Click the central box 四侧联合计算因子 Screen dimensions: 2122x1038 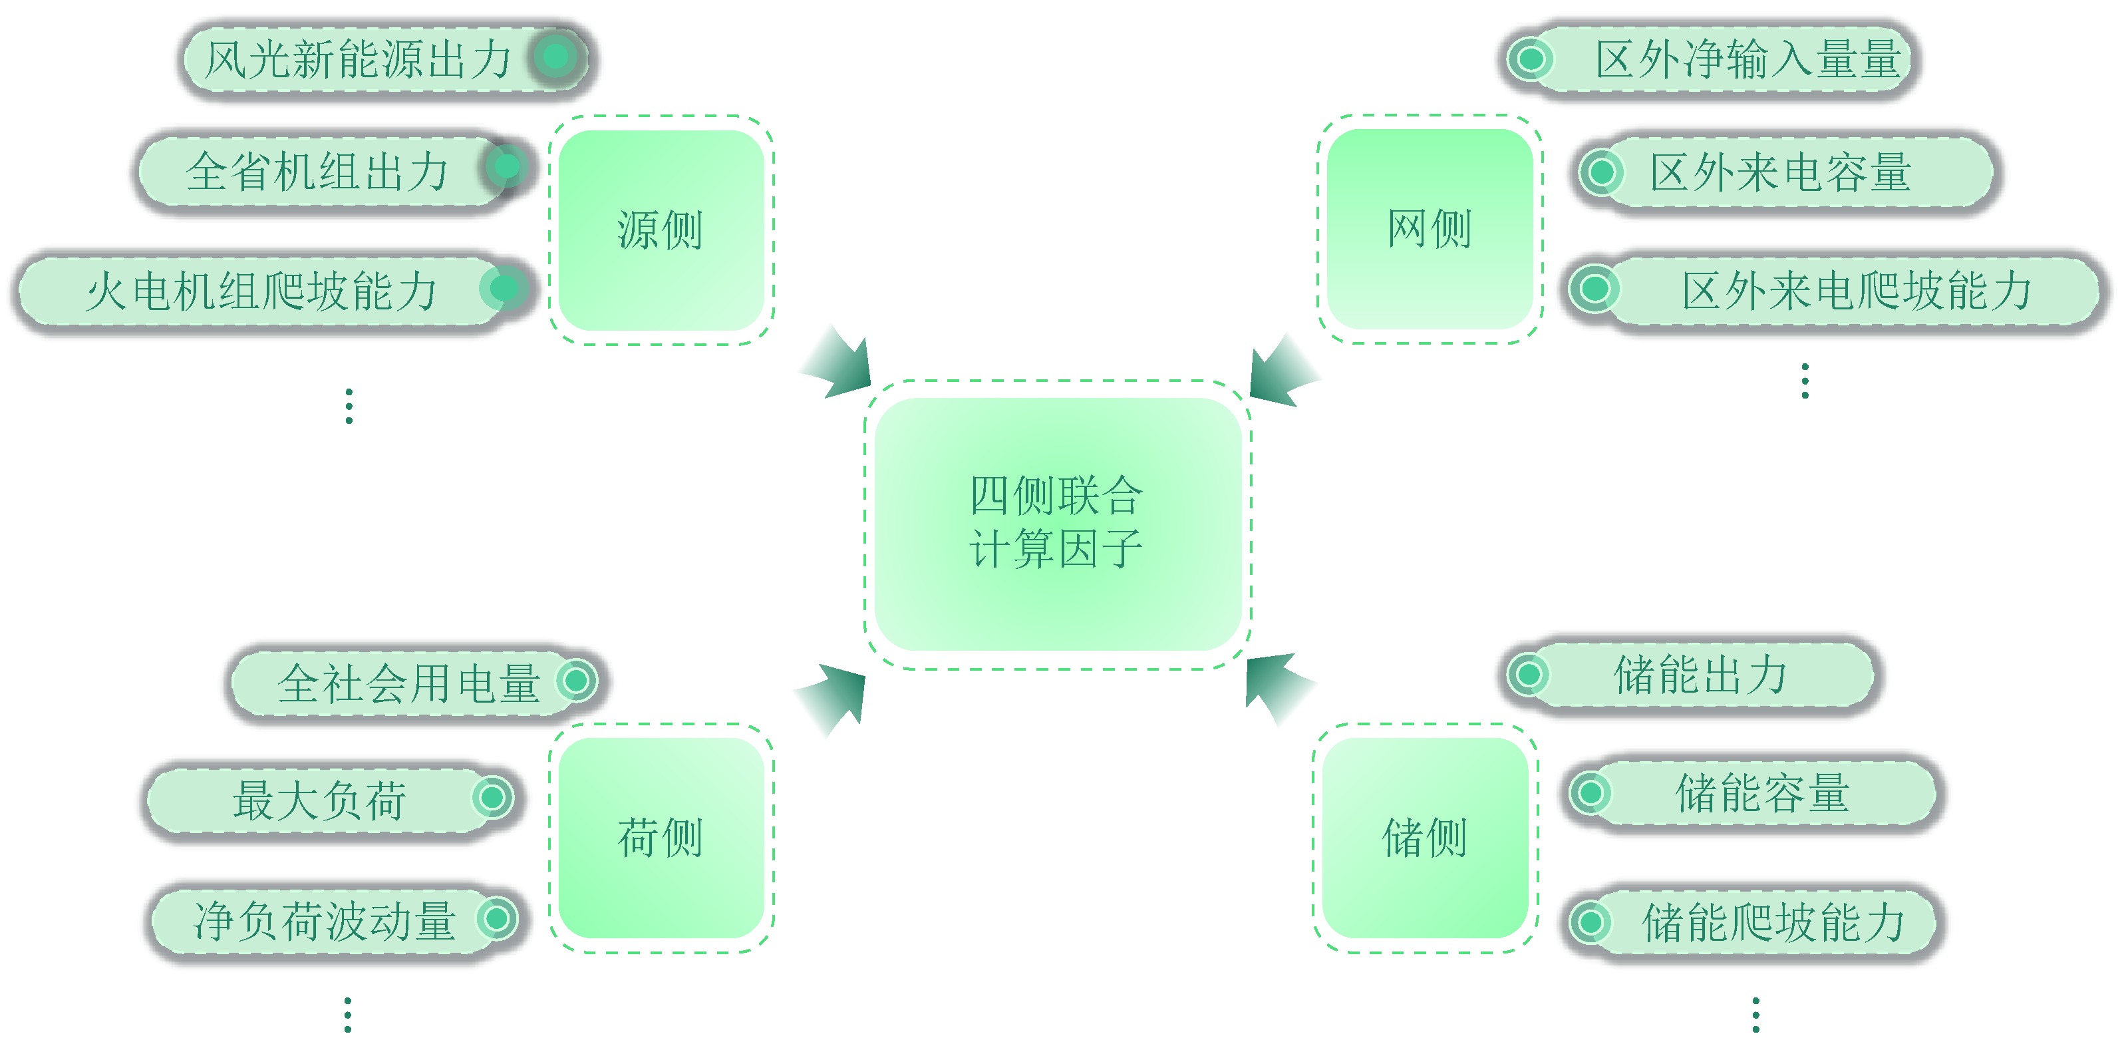[1058, 524]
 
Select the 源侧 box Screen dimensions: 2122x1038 [661, 230]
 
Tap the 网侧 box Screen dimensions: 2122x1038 [1430, 228]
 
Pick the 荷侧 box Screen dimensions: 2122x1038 [661, 838]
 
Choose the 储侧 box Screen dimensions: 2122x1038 [1425, 838]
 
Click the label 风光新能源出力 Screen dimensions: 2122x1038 [359, 59]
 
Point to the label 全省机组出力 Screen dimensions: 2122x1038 [317, 172]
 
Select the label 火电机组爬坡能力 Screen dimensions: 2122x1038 [262, 291]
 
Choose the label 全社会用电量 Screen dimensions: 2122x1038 [409, 683]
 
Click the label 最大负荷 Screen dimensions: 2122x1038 [319, 799]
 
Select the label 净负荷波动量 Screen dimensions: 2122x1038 [325, 920]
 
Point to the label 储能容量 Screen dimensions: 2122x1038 [1763, 792]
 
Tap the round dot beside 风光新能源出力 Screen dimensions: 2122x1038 [556, 56]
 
